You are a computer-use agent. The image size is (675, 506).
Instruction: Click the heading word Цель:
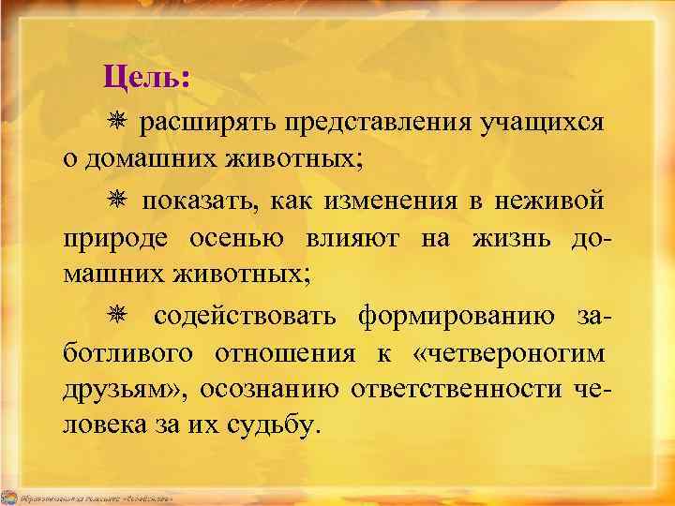[146, 74]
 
